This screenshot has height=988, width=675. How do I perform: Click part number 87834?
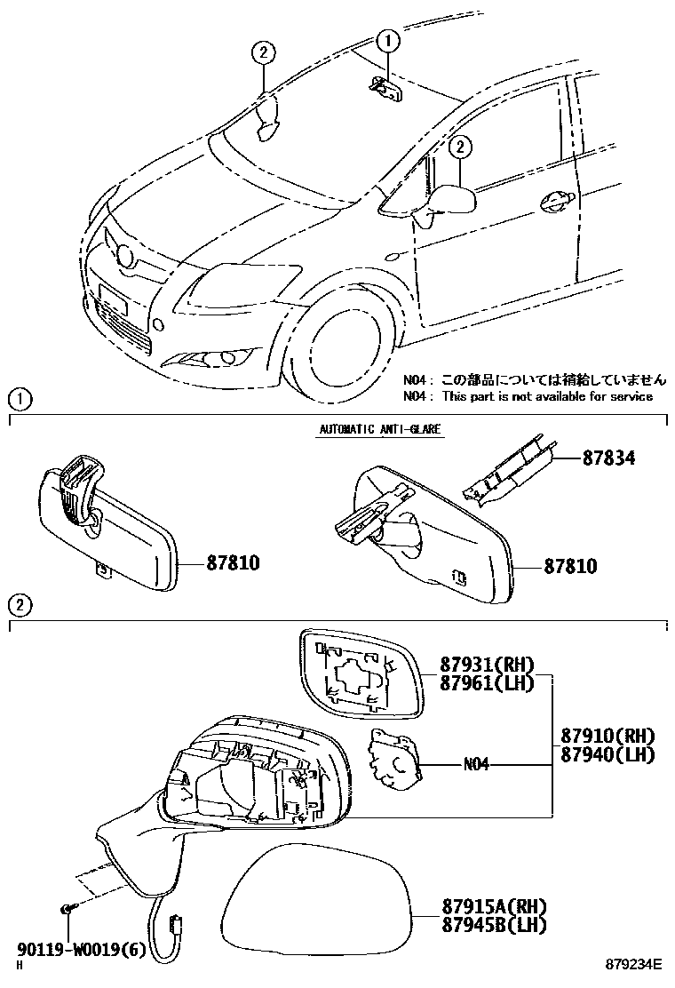click(x=611, y=458)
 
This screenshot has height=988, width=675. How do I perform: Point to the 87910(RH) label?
click(x=607, y=737)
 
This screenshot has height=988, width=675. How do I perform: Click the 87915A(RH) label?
click(x=494, y=907)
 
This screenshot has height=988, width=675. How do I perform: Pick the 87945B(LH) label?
click(x=494, y=925)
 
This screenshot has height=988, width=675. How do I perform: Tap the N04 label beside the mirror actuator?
click(x=476, y=764)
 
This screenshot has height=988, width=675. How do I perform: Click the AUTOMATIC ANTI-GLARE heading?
click(x=379, y=429)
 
